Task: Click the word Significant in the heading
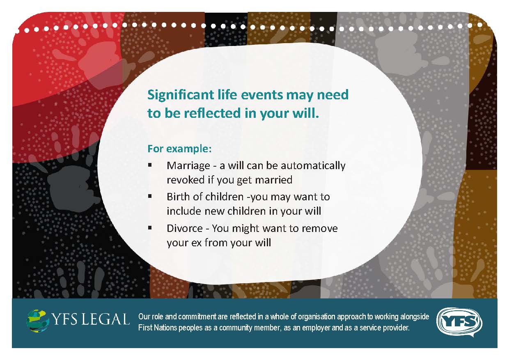(x=181, y=95)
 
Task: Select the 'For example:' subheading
(x=179, y=149)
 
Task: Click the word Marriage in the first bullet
(x=188, y=166)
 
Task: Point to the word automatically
(x=313, y=166)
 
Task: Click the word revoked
(x=186, y=180)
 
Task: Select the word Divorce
(x=185, y=228)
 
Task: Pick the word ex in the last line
(x=196, y=243)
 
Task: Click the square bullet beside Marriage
(x=150, y=165)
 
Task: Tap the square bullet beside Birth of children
(x=150, y=196)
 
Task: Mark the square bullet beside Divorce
(x=150, y=228)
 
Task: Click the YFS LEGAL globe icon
(x=38, y=321)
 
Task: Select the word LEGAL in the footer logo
(x=105, y=319)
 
